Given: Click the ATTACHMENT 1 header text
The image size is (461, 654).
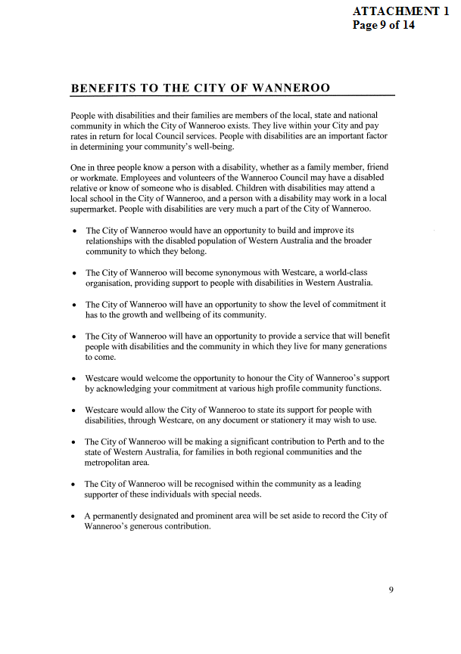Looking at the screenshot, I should [406, 11].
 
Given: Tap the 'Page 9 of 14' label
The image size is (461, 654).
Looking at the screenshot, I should [384, 24].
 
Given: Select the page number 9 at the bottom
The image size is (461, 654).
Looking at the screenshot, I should [391, 590].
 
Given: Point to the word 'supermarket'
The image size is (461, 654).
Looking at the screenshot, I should [97, 208].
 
